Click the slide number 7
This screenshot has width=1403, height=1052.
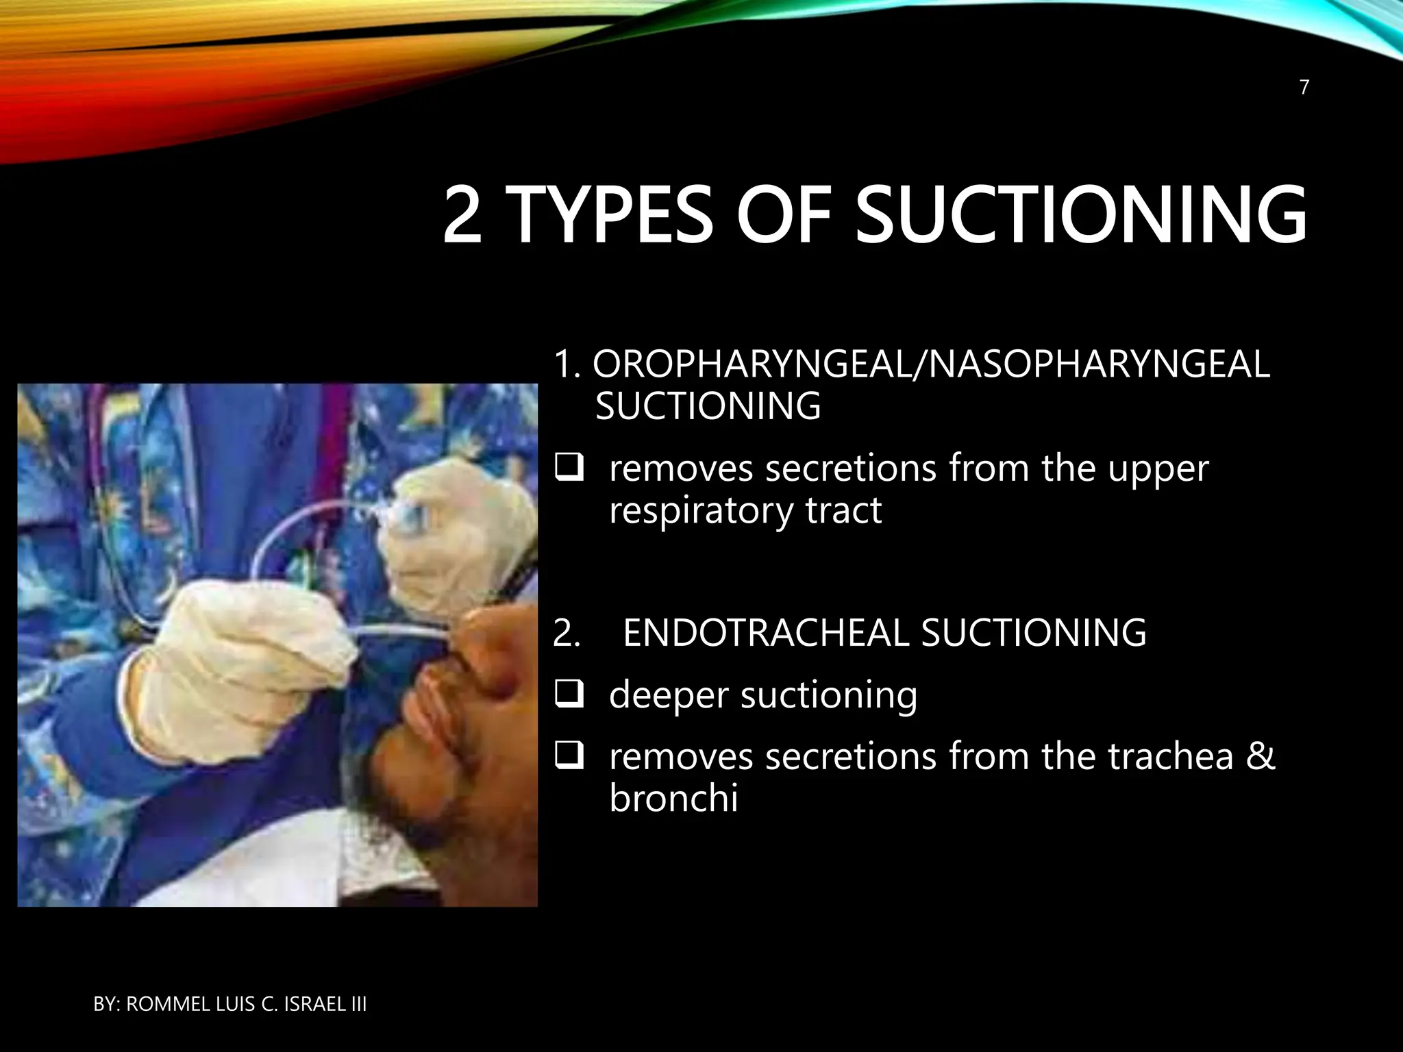coord(1304,88)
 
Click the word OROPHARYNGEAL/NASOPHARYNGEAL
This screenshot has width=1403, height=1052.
coord(930,364)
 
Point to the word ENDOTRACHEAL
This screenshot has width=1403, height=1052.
coord(765,632)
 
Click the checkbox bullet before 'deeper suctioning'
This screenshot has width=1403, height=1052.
coord(569,695)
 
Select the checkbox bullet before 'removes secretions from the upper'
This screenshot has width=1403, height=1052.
coord(569,469)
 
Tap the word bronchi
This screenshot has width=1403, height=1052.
coord(673,799)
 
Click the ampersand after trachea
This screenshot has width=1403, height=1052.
coord(1261,757)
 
